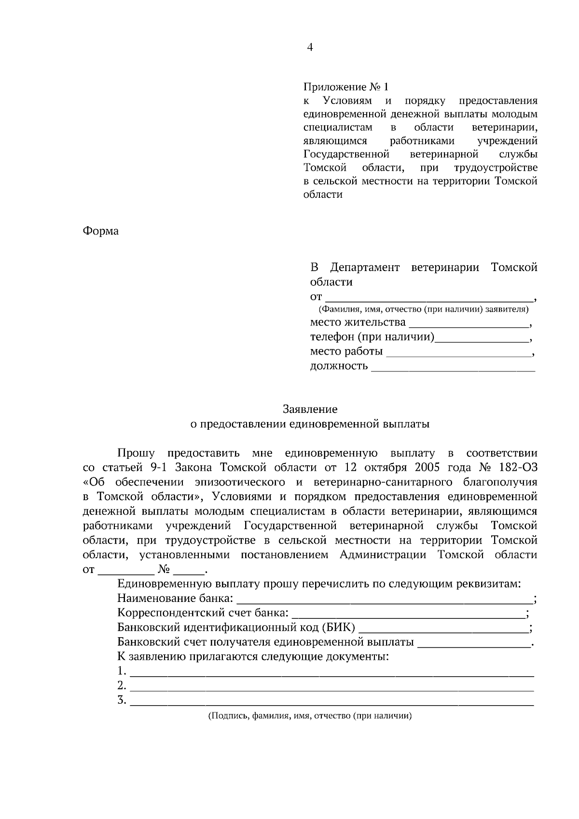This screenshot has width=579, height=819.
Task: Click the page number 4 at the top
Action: pyautogui.click(x=310, y=47)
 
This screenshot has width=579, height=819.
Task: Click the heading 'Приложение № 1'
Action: pyautogui.click(x=345, y=87)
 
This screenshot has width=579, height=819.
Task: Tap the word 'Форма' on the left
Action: pyautogui.click(x=101, y=231)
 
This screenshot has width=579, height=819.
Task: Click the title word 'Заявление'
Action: pyautogui.click(x=310, y=409)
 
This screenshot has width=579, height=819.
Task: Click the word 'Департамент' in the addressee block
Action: pyautogui.click(x=365, y=267)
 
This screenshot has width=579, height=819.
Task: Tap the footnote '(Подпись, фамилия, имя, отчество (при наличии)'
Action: pyautogui.click(x=310, y=716)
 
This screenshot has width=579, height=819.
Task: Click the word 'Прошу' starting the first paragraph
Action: pyautogui.click(x=136, y=453)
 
